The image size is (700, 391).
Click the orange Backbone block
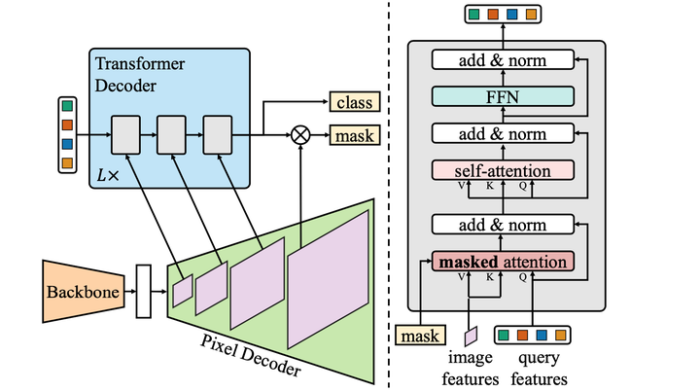[x=83, y=291]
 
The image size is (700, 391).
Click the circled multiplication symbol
[x=300, y=136]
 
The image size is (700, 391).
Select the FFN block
[x=502, y=96]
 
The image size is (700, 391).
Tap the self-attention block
[x=502, y=170]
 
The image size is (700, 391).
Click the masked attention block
[x=502, y=262]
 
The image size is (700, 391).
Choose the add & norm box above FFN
[x=502, y=60]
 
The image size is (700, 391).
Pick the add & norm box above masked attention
[x=502, y=226]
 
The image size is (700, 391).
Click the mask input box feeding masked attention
[x=420, y=336]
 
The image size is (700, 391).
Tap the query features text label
[x=534, y=369]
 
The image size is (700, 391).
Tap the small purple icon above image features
[x=471, y=336]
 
